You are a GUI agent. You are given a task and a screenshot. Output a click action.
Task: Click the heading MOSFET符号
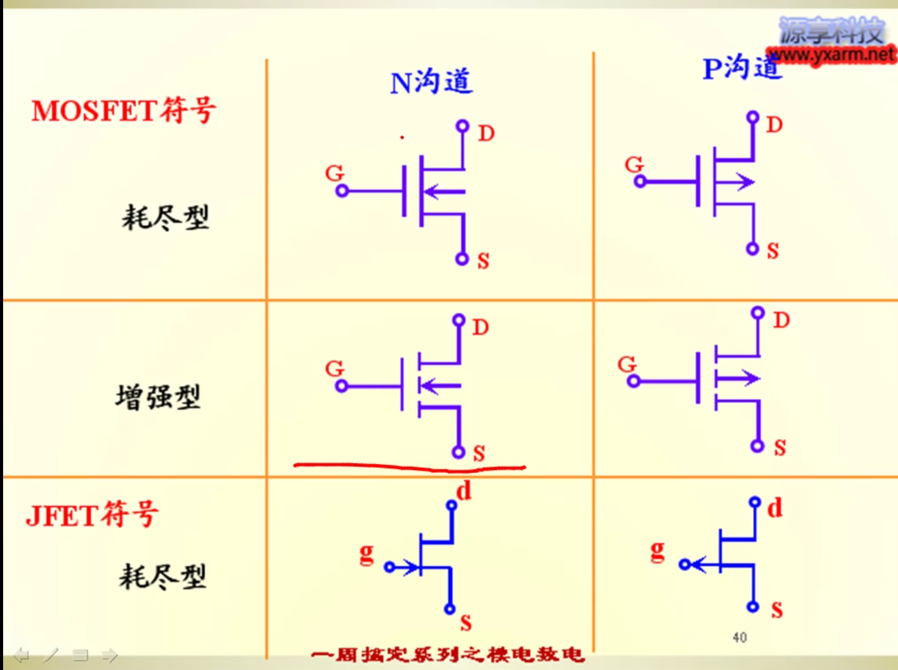click(x=124, y=111)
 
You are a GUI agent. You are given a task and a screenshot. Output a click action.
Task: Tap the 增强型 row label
click(x=158, y=397)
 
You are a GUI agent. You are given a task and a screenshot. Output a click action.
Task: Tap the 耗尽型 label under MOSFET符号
click(x=165, y=217)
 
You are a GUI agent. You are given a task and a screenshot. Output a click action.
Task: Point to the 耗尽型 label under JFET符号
click(x=162, y=576)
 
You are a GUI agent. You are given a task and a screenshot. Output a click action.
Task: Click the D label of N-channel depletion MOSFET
click(x=486, y=133)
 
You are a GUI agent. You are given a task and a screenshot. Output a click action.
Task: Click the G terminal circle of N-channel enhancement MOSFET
click(x=341, y=386)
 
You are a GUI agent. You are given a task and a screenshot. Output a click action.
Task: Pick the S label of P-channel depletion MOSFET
click(x=773, y=251)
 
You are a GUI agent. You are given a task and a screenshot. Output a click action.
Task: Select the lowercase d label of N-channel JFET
click(x=464, y=491)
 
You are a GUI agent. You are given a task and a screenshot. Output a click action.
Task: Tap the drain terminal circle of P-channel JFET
click(x=755, y=502)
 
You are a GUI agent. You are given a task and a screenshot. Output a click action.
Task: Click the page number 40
click(x=739, y=638)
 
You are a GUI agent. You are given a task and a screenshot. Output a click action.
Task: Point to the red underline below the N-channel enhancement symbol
click(x=409, y=466)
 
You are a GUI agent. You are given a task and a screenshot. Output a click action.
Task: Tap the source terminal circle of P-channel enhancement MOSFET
click(x=757, y=446)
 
